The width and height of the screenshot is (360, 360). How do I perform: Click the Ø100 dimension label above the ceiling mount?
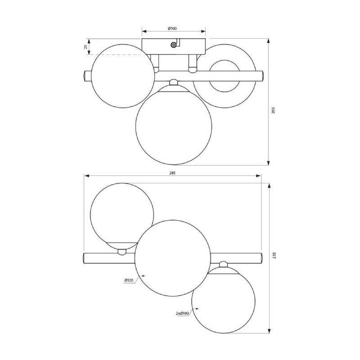(x=172, y=28)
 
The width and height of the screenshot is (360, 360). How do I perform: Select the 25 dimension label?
(x=85, y=47)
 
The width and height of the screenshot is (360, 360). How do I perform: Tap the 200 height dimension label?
(x=273, y=110)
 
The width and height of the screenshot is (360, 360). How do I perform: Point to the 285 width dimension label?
(x=172, y=173)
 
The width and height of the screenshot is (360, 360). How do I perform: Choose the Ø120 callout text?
(x=129, y=280)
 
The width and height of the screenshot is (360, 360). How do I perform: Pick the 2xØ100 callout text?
(x=182, y=313)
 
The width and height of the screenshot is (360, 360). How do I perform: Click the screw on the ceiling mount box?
(x=174, y=45)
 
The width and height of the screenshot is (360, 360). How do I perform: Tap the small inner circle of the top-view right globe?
(x=225, y=76)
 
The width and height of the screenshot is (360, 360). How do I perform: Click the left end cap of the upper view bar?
(x=87, y=76)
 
